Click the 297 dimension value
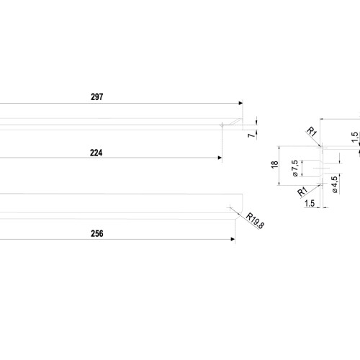97,96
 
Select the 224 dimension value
96,153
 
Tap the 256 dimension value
97,233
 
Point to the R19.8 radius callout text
255,220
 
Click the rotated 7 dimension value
251,135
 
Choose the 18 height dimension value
274,164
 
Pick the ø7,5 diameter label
295,168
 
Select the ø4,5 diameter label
334,184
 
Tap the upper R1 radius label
312,132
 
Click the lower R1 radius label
302,192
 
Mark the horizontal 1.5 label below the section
310,203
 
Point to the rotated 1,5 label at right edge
355,137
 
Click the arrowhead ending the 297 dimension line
240,103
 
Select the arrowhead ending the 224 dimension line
220,158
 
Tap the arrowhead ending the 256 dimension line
233,239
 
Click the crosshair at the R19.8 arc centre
230,207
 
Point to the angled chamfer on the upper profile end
235,122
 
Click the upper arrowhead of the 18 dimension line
279,148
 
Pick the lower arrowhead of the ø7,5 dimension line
302,175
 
